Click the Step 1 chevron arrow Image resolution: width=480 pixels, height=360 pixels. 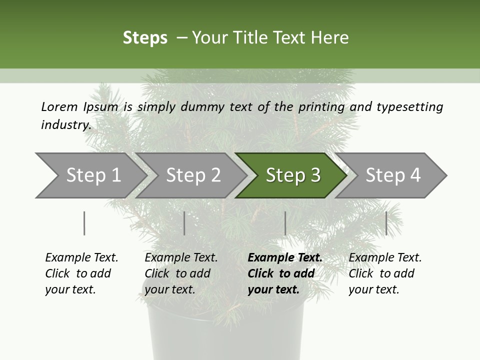point(92,175)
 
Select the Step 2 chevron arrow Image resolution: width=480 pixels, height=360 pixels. point(192,175)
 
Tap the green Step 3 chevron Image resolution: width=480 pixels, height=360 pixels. point(292,175)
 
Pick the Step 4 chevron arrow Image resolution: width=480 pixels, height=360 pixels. point(392,175)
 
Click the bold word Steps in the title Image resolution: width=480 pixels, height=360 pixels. point(145,38)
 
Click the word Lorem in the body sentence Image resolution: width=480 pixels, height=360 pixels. point(59,106)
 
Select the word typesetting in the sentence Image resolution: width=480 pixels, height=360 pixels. point(409,106)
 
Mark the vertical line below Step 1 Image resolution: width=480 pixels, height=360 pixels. point(84,223)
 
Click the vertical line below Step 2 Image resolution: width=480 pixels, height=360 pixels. point(184,223)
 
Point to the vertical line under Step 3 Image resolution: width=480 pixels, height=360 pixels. point(285,223)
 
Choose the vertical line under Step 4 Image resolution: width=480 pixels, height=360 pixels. point(386,223)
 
